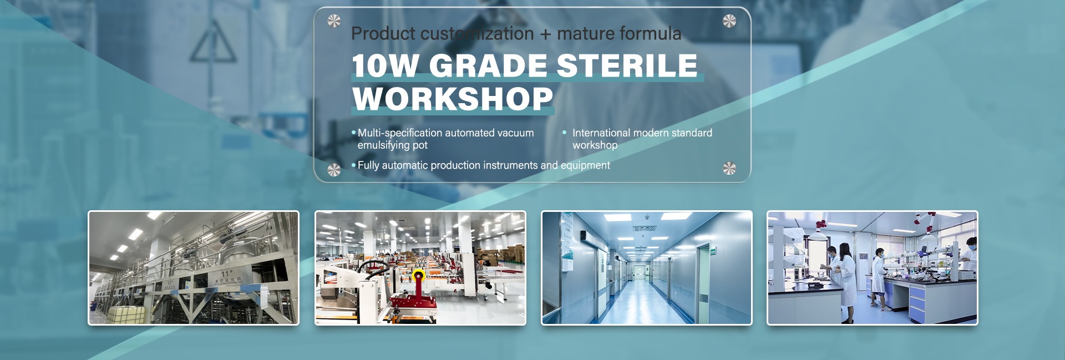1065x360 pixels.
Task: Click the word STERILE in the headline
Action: [x=627, y=65]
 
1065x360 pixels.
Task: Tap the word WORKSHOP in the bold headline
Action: [x=453, y=99]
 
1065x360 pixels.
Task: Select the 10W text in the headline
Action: [x=385, y=65]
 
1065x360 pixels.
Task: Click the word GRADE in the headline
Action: [x=488, y=65]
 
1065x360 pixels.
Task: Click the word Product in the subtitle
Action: [x=383, y=33]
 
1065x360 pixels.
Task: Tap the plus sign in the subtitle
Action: [x=545, y=34]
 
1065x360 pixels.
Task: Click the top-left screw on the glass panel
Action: [x=334, y=21]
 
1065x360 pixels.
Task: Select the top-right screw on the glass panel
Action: [x=729, y=21]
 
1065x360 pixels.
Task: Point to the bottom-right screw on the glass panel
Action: [x=729, y=169]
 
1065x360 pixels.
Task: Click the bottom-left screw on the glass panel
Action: [x=334, y=170]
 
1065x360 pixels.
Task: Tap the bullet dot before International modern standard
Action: [x=565, y=133]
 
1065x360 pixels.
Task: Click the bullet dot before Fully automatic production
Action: [x=354, y=165]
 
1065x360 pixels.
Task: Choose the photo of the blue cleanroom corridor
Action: [x=647, y=268]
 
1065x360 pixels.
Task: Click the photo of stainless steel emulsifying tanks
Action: [x=194, y=268]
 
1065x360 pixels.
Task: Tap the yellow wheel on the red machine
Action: [x=418, y=275]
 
